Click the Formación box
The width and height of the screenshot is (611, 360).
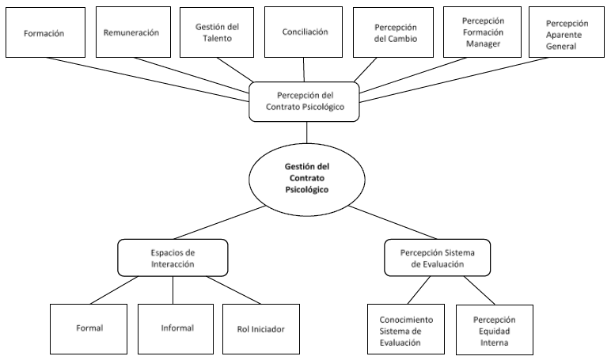(43, 33)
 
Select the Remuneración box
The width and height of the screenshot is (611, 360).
(131, 33)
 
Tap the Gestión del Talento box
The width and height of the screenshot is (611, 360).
(218, 33)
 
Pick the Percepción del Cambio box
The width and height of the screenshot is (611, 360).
(392, 33)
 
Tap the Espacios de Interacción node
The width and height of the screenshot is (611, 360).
(173, 257)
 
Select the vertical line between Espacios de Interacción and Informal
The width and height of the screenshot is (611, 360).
(173, 289)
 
